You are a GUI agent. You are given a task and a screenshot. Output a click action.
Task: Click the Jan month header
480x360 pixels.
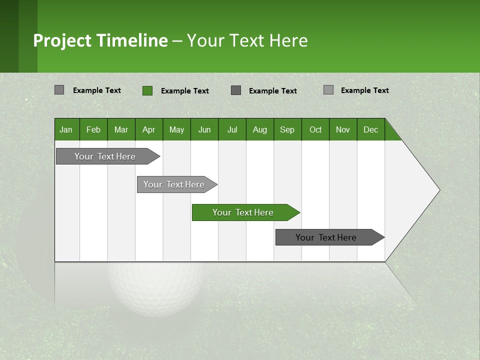point(66,129)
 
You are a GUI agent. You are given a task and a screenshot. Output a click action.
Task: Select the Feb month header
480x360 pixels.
point(93,129)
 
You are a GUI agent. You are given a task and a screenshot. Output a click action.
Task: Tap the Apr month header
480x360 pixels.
point(149,129)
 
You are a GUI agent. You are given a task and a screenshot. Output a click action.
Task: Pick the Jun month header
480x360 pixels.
point(204,129)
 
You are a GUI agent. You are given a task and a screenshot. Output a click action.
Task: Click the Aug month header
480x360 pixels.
point(260,129)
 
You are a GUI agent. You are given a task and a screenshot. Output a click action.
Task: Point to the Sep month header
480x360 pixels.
point(287,129)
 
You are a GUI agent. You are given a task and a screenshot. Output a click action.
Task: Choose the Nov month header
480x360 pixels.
point(343,129)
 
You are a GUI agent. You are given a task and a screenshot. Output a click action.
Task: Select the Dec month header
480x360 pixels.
point(371,129)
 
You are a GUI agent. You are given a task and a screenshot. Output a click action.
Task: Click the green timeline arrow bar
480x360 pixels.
point(245,212)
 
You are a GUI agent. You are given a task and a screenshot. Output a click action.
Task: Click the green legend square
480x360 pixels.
point(147,90)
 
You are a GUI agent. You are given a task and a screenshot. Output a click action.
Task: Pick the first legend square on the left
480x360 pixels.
point(59,90)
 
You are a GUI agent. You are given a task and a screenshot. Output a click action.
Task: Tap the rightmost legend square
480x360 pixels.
point(328,90)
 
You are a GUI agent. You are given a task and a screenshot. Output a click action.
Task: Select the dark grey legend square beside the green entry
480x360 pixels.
point(236,90)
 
